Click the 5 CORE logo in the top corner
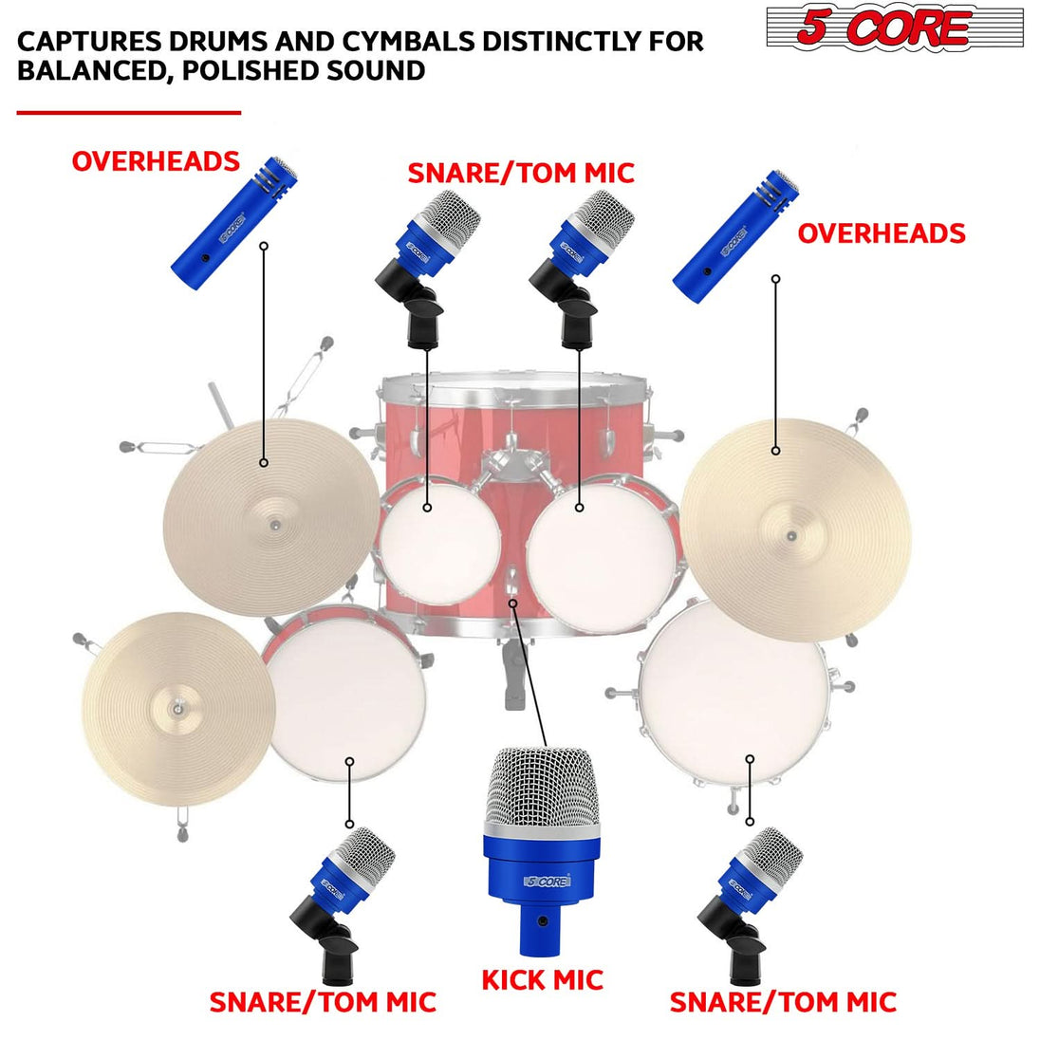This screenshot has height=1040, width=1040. click(894, 28)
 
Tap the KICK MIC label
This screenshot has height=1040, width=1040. click(542, 980)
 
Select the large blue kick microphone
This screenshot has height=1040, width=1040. click(543, 849)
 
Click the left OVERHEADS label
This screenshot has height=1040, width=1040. click(156, 161)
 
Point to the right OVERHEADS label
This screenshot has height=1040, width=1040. click(882, 233)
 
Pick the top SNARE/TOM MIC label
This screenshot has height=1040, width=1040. click(520, 173)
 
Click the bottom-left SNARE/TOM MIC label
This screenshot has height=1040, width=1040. click(323, 1002)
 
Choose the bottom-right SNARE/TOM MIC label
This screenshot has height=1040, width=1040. click(783, 1002)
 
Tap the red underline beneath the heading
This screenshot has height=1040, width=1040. click(128, 112)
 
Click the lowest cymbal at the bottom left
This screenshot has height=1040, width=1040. click(177, 709)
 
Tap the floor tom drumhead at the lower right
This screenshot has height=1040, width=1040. click(733, 690)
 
